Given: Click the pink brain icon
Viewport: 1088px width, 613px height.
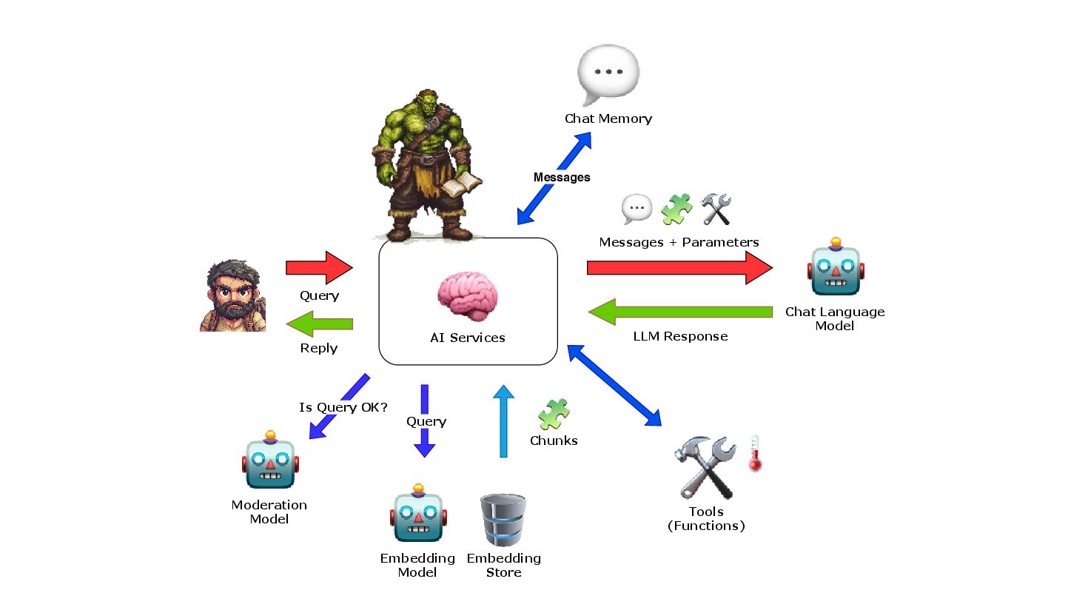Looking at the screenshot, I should tap(467, 296).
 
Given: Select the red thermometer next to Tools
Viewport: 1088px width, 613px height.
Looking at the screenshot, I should tap(754, 453).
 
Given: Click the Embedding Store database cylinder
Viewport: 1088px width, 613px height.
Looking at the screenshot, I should tap(503, 520).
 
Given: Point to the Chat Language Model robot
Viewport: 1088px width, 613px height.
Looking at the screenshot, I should tap(836, 269).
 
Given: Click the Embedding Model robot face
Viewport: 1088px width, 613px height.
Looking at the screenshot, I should tap(418, 515).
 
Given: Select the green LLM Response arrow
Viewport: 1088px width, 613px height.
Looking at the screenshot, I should tap(680, 312).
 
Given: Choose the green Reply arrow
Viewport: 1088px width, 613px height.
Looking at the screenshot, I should tap(319, 324).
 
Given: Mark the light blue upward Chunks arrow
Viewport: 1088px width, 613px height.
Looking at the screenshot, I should tap(503, 421).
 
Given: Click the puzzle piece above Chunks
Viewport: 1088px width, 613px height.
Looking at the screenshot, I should tap(554, 415).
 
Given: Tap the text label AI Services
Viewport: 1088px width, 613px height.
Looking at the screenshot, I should tap(468, 338).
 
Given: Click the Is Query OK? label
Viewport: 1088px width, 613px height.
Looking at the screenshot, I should tap(343, 407).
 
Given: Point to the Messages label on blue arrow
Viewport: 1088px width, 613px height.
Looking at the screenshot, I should tap(562, 177).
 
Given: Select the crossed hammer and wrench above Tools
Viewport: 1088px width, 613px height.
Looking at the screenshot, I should tap(705, 467).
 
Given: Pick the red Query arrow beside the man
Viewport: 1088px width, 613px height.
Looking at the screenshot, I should tap(319, 267).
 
